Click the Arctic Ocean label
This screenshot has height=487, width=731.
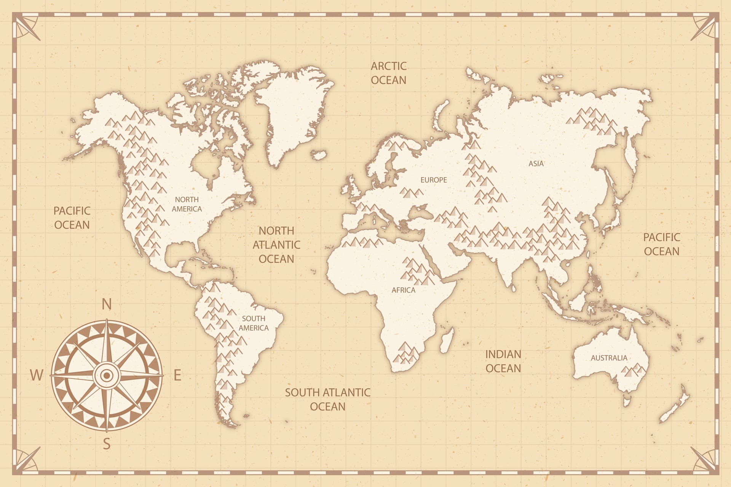tap(389, 73)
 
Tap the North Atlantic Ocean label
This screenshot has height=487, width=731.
tap(276, 245)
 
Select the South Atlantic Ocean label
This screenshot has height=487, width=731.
tap(327, 399)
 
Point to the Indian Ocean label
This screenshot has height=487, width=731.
tap(503, 361)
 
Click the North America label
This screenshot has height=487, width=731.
tap(187, 204)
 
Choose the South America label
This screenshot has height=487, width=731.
tap(254, 323)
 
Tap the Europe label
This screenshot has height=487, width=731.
tap(434, 180)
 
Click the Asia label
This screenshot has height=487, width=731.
tap(536, 164)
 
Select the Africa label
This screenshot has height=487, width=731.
tap(404, 290)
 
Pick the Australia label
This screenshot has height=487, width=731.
tap(609, 358)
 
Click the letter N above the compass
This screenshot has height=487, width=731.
tap(107, 304)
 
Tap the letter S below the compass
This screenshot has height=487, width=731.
tap(107, 444)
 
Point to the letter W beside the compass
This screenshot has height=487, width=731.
tap(37, 375)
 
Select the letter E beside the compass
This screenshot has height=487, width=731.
tap(177, 375)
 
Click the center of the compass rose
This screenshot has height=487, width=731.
tap(107, 376)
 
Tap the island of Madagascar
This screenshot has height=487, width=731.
tap(447, 341)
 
